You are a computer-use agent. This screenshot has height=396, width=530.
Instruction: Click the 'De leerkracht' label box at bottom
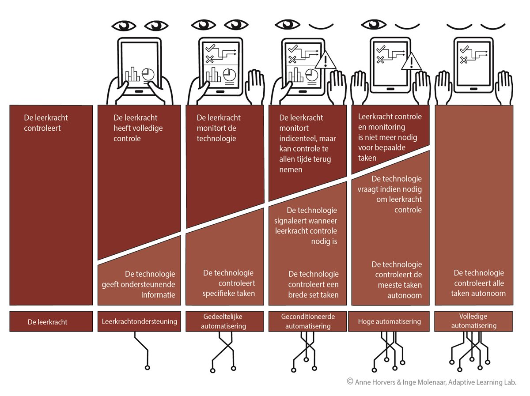pos(48,322)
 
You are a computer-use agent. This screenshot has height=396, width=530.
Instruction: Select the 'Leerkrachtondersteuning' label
pos(140,321)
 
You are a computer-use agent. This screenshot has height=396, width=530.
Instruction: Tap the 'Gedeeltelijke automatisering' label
pos(223,321)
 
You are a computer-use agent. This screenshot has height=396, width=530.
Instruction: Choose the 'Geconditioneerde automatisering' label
pos(308,321)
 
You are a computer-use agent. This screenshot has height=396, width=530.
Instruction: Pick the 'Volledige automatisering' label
pos(474,321)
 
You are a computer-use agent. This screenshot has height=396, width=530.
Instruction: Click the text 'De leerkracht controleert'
pos(46,123)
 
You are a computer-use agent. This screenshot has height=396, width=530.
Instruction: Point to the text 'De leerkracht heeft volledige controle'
pos(138,128)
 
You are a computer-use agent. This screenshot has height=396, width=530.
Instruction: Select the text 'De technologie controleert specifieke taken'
pos(228,283)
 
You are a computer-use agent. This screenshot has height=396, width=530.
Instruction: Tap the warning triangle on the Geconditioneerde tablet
pos(326,60)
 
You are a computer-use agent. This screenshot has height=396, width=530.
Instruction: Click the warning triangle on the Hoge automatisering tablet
pos(411,61)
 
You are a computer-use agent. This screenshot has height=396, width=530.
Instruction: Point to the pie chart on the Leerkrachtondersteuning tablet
pos(148,74)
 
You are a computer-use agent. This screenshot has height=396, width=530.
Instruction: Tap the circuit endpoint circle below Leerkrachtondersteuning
pos(147,367)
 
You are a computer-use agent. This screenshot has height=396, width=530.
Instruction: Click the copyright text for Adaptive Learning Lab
pos(431,382)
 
